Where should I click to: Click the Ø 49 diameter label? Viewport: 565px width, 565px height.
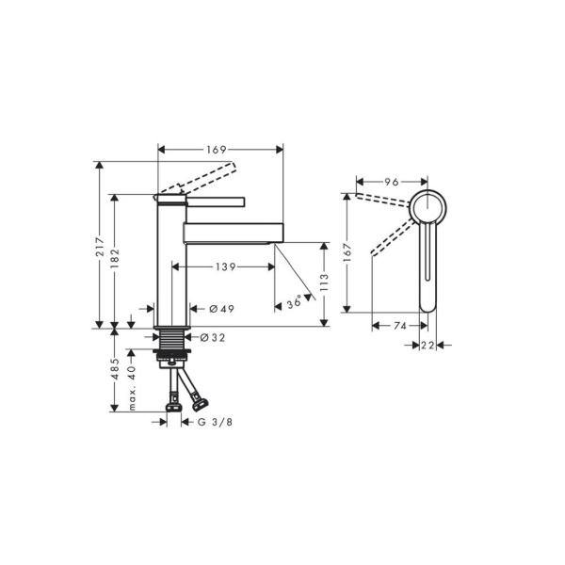point(220,309)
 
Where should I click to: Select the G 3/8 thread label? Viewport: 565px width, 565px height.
point(214,422)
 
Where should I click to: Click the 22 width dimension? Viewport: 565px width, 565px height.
point(428,346)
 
